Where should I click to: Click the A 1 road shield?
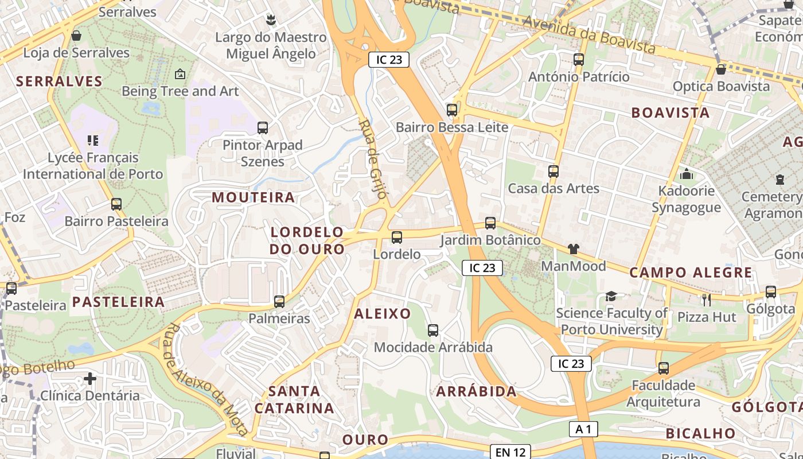pos(584,429)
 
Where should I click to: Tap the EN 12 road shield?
pos(510,452)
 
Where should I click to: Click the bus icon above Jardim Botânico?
pos(490,223)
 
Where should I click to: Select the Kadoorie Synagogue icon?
pos(686,174)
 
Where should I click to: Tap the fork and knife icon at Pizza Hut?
pos(706,299)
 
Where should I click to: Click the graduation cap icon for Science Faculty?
pos(611,296)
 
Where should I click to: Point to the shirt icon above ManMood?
pos(573,249)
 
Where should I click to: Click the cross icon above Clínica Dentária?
pos(89,379)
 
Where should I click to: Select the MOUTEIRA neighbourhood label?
pos(254,197)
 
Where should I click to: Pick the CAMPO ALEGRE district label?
pos(691,273)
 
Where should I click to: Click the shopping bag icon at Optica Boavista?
pos(721,69)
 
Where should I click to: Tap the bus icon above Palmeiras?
pos(279,301)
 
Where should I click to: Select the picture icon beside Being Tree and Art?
pos(180,74)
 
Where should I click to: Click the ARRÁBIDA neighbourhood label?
pos(476,392)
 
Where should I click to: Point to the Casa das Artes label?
pos(553,188)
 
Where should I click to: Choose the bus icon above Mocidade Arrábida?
pos(433,330)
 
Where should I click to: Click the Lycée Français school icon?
pos(93,140)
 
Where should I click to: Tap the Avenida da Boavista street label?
pos(589,33)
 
